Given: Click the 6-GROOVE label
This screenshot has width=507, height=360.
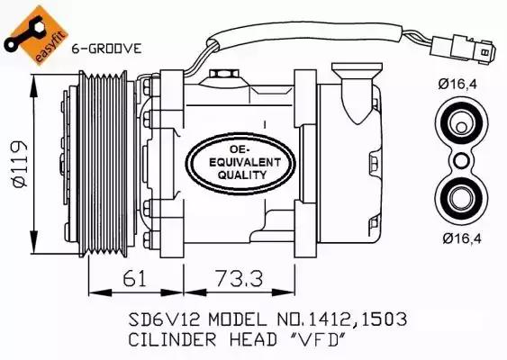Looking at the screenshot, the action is pyautogui.click(x=106, y=49).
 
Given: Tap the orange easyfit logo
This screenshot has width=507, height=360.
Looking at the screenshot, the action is pyautogui.click(x=36, y=35).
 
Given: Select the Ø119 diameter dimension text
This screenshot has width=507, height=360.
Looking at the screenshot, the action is pyautogui.click(x=20, y=164).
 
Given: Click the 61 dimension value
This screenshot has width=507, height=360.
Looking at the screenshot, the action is pyautogui.click(x=134, y=278).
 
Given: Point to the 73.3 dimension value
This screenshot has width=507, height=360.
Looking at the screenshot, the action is pyautogui.click(x=240, y=278).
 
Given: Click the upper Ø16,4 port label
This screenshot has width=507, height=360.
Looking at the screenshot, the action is pyautogui.click(x=457, y=84).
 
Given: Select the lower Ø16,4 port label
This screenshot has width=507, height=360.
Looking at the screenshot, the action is pyautogui.click(x=462, y=238).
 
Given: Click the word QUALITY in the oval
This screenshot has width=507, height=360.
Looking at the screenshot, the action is pyautogui.click(x=242, y=175).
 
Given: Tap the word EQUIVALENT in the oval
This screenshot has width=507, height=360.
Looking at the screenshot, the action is pyautogui.click(x=245, y=162).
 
